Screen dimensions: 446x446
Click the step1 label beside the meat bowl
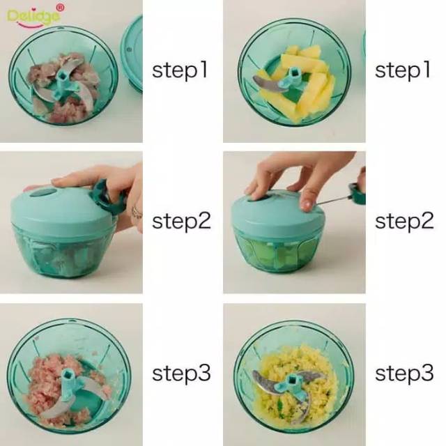tap(180, 70)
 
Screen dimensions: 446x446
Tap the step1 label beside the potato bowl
tap(403, 70)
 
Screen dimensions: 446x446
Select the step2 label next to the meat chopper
tap(181, 221)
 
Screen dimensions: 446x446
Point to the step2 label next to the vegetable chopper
tap(404, 221)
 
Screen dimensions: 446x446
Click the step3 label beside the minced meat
tap(181, 373)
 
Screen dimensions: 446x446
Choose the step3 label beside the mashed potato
tap(404, 373)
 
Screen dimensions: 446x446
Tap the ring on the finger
tap(137, 212)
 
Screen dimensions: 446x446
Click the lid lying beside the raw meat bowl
tap(132, 54)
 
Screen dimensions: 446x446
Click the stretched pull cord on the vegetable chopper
tap(332, 199)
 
